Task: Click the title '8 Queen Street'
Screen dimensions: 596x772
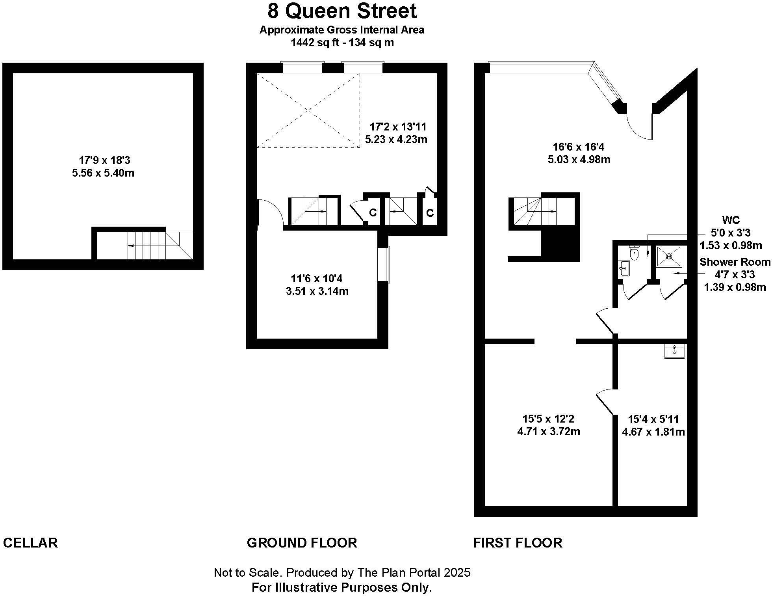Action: [x=342, y=11]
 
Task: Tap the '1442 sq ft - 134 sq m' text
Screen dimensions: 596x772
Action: [x=342, y=43]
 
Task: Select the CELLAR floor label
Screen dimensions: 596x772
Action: [x=30, y=543]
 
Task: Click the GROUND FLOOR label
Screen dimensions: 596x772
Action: [x=302, y=543]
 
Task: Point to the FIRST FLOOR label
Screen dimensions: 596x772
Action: [x=518, y=543]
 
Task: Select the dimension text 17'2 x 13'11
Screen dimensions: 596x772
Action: [x=398, y=127]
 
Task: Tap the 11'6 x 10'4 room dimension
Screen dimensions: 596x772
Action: [x=317, y=279]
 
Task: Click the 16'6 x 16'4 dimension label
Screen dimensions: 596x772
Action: [x=578, y=147]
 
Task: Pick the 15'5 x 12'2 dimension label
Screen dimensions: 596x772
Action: [x=548, y=419]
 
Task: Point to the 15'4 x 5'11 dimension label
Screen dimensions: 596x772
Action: [x=653, y=419]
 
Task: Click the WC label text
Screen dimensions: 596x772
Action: [x=731, y=220]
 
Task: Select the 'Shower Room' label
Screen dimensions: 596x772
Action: [x=735, y=262]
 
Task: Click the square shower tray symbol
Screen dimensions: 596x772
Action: [x=669, y=256]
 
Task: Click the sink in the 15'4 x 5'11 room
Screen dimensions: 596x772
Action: [x=674, y=351]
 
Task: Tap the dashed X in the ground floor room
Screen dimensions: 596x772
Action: [x=308, y=110]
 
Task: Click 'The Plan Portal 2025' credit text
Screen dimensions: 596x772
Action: [x=414, y=572]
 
